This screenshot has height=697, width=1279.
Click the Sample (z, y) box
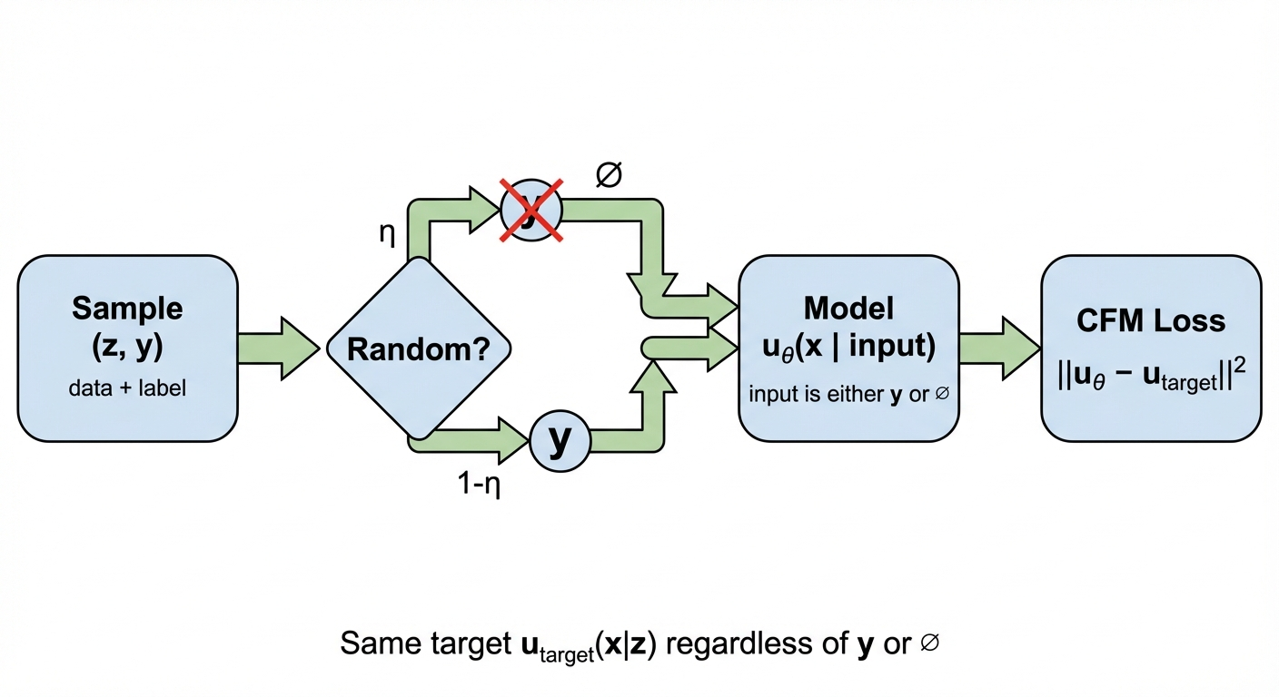[x=127, y=348]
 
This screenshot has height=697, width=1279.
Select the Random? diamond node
[x=419, y=349]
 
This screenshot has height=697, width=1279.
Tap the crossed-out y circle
[x=531, y=210]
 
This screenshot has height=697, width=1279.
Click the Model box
[x=848, y=348]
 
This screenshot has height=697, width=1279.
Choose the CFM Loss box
[x=1150, y=348]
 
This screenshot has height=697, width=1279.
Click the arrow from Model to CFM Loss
[x=999, y=348]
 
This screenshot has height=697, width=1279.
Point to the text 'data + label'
[x=127, y=388]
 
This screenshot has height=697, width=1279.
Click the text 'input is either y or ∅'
[x=848, y=396]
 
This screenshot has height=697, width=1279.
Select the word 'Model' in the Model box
[x=848, y=309]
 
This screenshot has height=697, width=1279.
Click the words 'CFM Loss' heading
[x=1150, y=320]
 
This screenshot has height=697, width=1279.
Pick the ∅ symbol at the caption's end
[x=928, y=643]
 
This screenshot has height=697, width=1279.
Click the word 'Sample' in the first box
[x=127, y=309]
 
